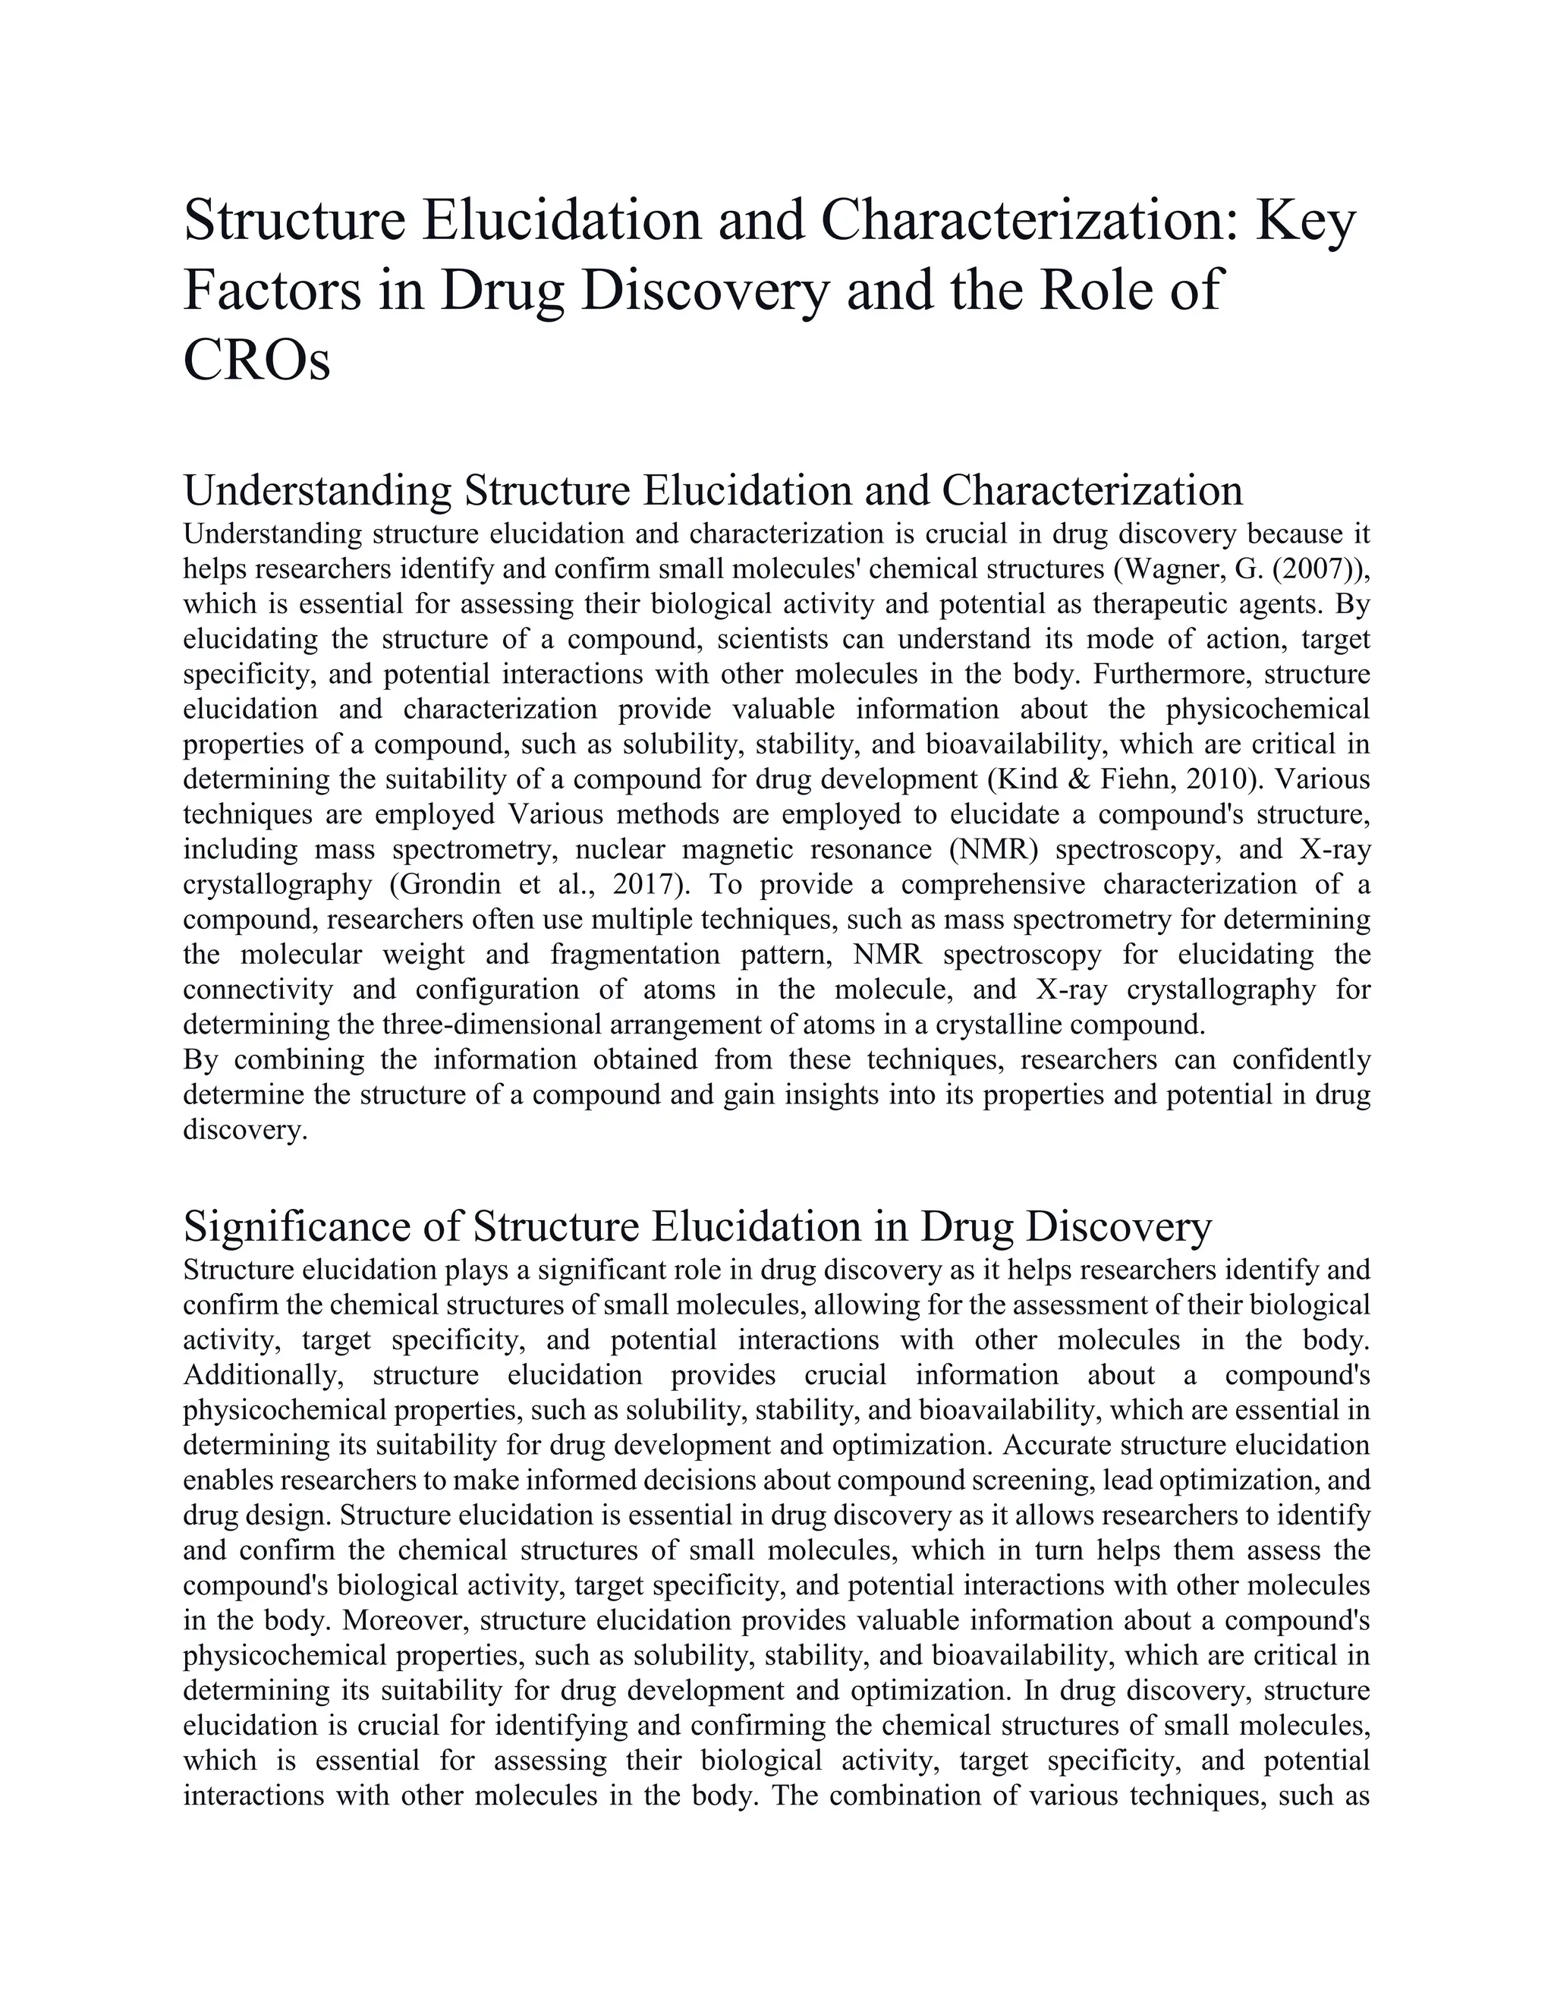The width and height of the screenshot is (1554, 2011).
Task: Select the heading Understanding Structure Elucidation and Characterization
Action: [713, 490]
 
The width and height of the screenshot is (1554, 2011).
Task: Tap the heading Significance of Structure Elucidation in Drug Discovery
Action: [697, 1226]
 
